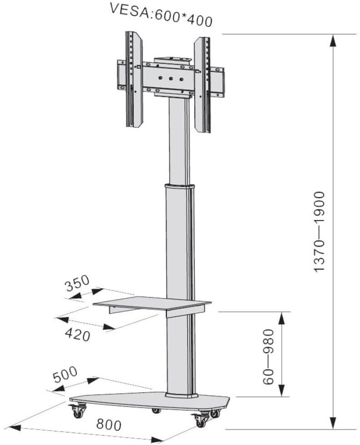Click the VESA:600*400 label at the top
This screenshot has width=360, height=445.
(x=161, y=15)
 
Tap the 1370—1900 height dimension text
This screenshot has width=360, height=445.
(x=319, y=232)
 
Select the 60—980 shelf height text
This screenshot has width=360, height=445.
(x=268, y=356)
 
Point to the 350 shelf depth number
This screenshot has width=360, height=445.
(x=77, y=283)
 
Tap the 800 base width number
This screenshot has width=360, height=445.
(x=109, y=425)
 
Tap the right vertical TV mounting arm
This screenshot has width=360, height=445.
(x=202, y=85)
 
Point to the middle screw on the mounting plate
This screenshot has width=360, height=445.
(x=171, y=79)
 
